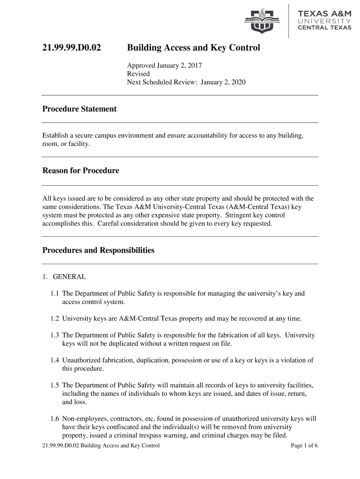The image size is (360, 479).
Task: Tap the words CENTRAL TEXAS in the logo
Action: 324,27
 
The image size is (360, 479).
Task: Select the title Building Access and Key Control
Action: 194,48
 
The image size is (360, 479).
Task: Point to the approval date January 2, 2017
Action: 180,65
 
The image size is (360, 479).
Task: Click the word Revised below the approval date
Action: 138,74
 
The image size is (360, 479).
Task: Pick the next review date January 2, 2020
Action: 223,82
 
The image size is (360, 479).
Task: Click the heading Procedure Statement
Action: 79,109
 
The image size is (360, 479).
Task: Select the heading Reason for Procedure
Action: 81,171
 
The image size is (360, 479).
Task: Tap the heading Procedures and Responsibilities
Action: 98,250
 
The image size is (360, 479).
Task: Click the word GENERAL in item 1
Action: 69,277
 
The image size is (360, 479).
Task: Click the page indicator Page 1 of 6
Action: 304,445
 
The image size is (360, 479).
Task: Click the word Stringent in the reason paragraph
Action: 238,215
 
